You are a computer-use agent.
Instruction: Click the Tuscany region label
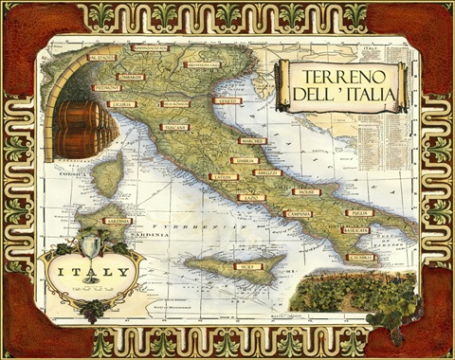tap(174, 127)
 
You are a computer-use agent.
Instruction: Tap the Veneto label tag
tap(226, 99)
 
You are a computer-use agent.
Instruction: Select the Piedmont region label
tap(106, 87)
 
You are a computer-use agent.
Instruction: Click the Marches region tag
tap(253, 141)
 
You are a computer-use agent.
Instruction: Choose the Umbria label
tap(245, 160)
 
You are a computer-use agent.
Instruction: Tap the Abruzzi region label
tap(268, 172)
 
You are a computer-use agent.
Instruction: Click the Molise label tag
tap(306, 191)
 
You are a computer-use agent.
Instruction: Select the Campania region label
tap(300, 214)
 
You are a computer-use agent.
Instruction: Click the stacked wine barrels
tap(76, 127)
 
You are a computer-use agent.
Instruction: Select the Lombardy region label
tap(131, 77)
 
